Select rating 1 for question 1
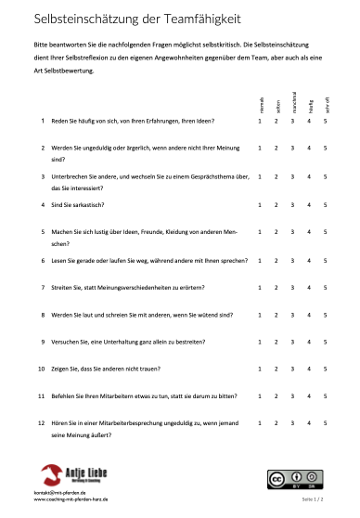[261, 121]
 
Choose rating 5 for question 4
[325, 204]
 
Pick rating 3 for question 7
[292, 288]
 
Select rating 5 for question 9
[325, 342]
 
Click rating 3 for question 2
[292, 148]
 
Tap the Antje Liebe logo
[71, 475]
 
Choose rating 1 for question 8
[261, 315]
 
